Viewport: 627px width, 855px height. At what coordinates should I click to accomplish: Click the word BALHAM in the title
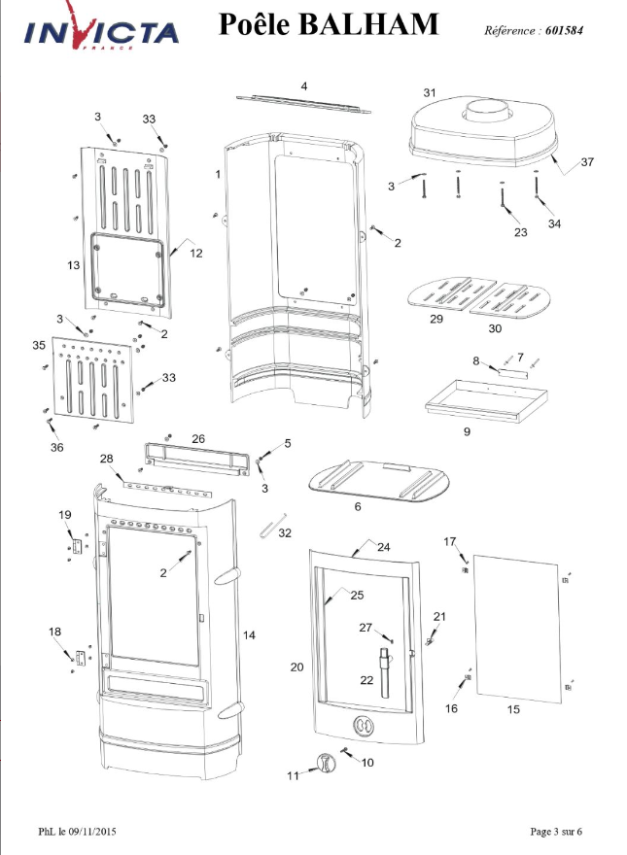pyautogui.click(x=368, y=24)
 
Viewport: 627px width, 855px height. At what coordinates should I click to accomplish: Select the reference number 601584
pyautogui.click(x=564, y=30)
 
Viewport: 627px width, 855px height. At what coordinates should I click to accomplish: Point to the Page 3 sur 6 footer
pyautogui.click(x=556, y=832)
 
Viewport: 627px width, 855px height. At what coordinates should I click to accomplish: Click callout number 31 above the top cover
pyautogui.click(x=430, y=92)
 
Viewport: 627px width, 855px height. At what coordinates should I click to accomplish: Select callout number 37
pyautogui.click(x=587, y=162)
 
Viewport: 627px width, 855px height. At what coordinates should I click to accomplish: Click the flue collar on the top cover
pyautogui.click(x=487, y=112)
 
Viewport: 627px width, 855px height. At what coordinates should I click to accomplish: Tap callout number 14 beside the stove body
pyautogui.click(x=249, y=635)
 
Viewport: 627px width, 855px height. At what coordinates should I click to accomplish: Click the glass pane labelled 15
pyautogui.click(x=517, y=630)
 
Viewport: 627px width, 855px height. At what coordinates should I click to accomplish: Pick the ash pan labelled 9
pyautogui.click(x=486, y=400)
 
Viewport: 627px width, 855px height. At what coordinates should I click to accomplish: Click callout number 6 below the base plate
pyautogui.click(x=358, y=506)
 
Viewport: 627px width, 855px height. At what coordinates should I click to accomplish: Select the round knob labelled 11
pyautogui.click(x=327, y=763)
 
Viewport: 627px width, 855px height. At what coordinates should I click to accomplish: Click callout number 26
pyautogui.click(x=198, y=438)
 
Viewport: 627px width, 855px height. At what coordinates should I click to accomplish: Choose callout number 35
pyautogui.click(x=39, y=345)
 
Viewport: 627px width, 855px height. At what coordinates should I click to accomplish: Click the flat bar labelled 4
pyautogui.click(x=303, y=104)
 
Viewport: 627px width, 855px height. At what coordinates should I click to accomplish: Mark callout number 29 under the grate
pyautogui.click(x=436, y=319)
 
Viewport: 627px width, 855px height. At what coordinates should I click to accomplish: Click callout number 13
pyautogui.click(x=74, y=265)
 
